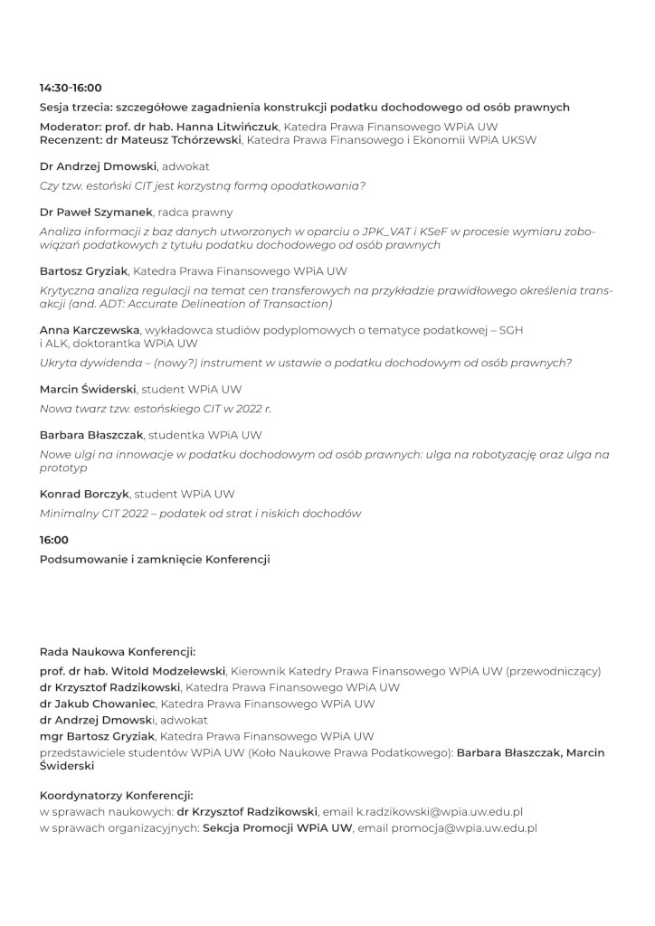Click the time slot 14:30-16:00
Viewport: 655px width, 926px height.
(71, 88)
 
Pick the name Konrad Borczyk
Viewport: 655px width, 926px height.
(85, 494)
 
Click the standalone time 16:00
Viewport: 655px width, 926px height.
(54, 540)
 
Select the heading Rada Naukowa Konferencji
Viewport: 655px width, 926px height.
(118, 651)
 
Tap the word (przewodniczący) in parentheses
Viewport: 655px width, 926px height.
(553, 671)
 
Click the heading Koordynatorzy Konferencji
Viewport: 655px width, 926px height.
(117, 796)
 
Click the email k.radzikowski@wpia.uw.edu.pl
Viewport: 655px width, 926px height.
(440, 812)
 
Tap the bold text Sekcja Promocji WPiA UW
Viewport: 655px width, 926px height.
(278, 827)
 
